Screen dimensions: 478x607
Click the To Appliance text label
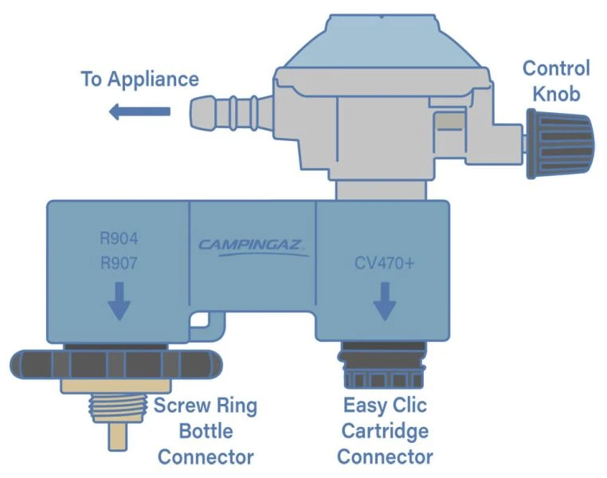[139, 79]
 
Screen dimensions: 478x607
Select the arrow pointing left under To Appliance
[139, 112]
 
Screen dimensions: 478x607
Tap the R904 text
[119, 238]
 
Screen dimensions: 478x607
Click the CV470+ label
[385, 263]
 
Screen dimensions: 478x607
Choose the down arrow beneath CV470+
[385, 304]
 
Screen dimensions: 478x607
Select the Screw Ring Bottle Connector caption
[206, 431]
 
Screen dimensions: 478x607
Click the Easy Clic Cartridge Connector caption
[386, 431]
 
